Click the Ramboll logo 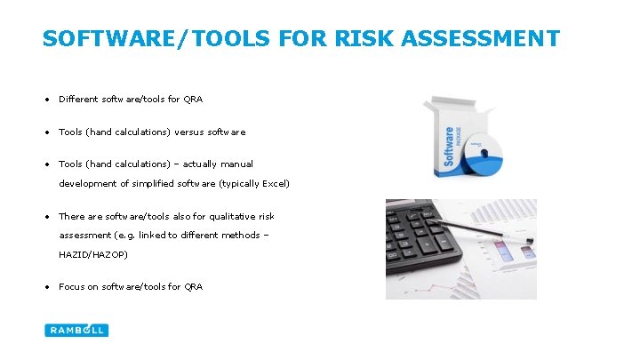click(76, 330)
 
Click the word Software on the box click(449, 147)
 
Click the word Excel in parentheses click(274, 184)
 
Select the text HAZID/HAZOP click(93, 254)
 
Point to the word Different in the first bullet click(77, 99)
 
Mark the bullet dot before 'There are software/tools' click(47, 216)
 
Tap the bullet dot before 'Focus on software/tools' click(47, 286)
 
